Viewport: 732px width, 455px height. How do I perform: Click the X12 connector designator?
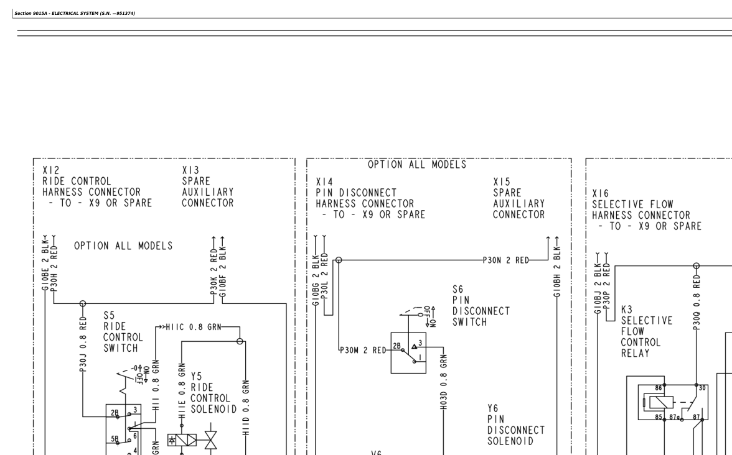click(51, 170)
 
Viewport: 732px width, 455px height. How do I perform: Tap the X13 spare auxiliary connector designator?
click(190, 170)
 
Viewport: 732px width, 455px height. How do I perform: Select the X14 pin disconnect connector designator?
click(324, 182)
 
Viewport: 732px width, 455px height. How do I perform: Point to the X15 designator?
click(502, 182)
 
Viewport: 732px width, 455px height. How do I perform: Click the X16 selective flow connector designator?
click(600, 193)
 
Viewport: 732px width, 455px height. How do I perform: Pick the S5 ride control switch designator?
click(109, 316)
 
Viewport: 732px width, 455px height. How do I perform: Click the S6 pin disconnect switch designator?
click(457, 290)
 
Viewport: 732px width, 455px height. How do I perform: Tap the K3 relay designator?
click(626, 310)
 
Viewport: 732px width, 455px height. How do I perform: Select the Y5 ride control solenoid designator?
click(196, 376)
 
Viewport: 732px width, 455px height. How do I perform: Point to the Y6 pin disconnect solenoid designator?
click(493, 408)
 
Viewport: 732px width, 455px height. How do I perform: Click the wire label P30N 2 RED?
click(506, 260)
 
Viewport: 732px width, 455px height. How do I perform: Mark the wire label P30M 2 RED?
click(363, 350)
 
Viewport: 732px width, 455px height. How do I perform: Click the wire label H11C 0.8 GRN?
click(193, 327)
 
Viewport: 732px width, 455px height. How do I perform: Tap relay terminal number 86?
click(659, 388)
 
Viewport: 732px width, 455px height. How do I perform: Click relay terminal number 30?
click(701, 388)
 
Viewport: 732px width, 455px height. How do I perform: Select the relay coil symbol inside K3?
click(659, 402)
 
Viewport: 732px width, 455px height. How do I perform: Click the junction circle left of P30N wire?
click(339, 260)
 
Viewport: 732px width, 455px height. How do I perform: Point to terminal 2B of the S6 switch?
click(397, 346)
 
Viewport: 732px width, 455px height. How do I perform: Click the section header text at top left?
click(75, 13)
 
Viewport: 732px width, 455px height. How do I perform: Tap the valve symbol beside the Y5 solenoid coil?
click(210, 439)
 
